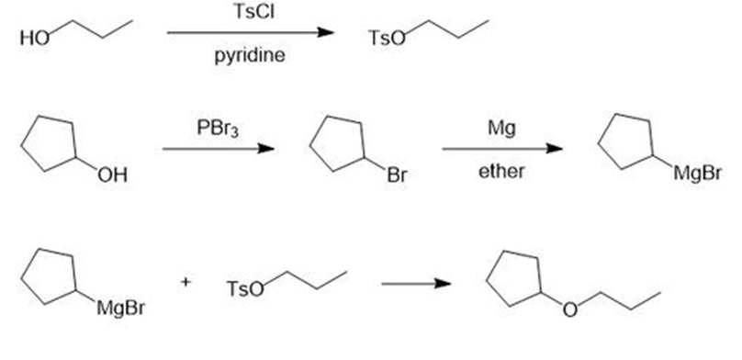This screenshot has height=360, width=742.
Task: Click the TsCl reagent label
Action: coord(253,11)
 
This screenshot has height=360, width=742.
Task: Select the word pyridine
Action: coord(250,56)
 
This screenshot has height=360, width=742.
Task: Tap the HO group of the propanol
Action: coord(35,39)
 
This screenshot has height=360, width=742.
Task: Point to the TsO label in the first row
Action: coord(388,39)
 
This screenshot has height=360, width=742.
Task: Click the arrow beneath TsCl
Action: coord(251,32)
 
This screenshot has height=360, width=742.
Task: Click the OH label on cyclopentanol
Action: coord(113,175)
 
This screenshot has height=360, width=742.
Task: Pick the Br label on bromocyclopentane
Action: coord(397,175)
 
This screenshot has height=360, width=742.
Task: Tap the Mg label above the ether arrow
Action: coord(502,129)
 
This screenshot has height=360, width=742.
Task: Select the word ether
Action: coord(501,171)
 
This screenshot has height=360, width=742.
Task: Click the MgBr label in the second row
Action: coord(698,174)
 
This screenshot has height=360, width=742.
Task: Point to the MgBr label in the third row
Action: coord(120,309)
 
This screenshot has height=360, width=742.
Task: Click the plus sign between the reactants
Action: coord(186,282)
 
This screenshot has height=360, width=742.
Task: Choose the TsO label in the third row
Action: coord(245,289)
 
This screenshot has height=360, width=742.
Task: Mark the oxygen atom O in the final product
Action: coord(570,309)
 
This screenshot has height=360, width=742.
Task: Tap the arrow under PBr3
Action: coord(219,149)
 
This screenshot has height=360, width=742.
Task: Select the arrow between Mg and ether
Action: coord(502,149)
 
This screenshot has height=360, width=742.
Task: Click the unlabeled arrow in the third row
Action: coord(416,284)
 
